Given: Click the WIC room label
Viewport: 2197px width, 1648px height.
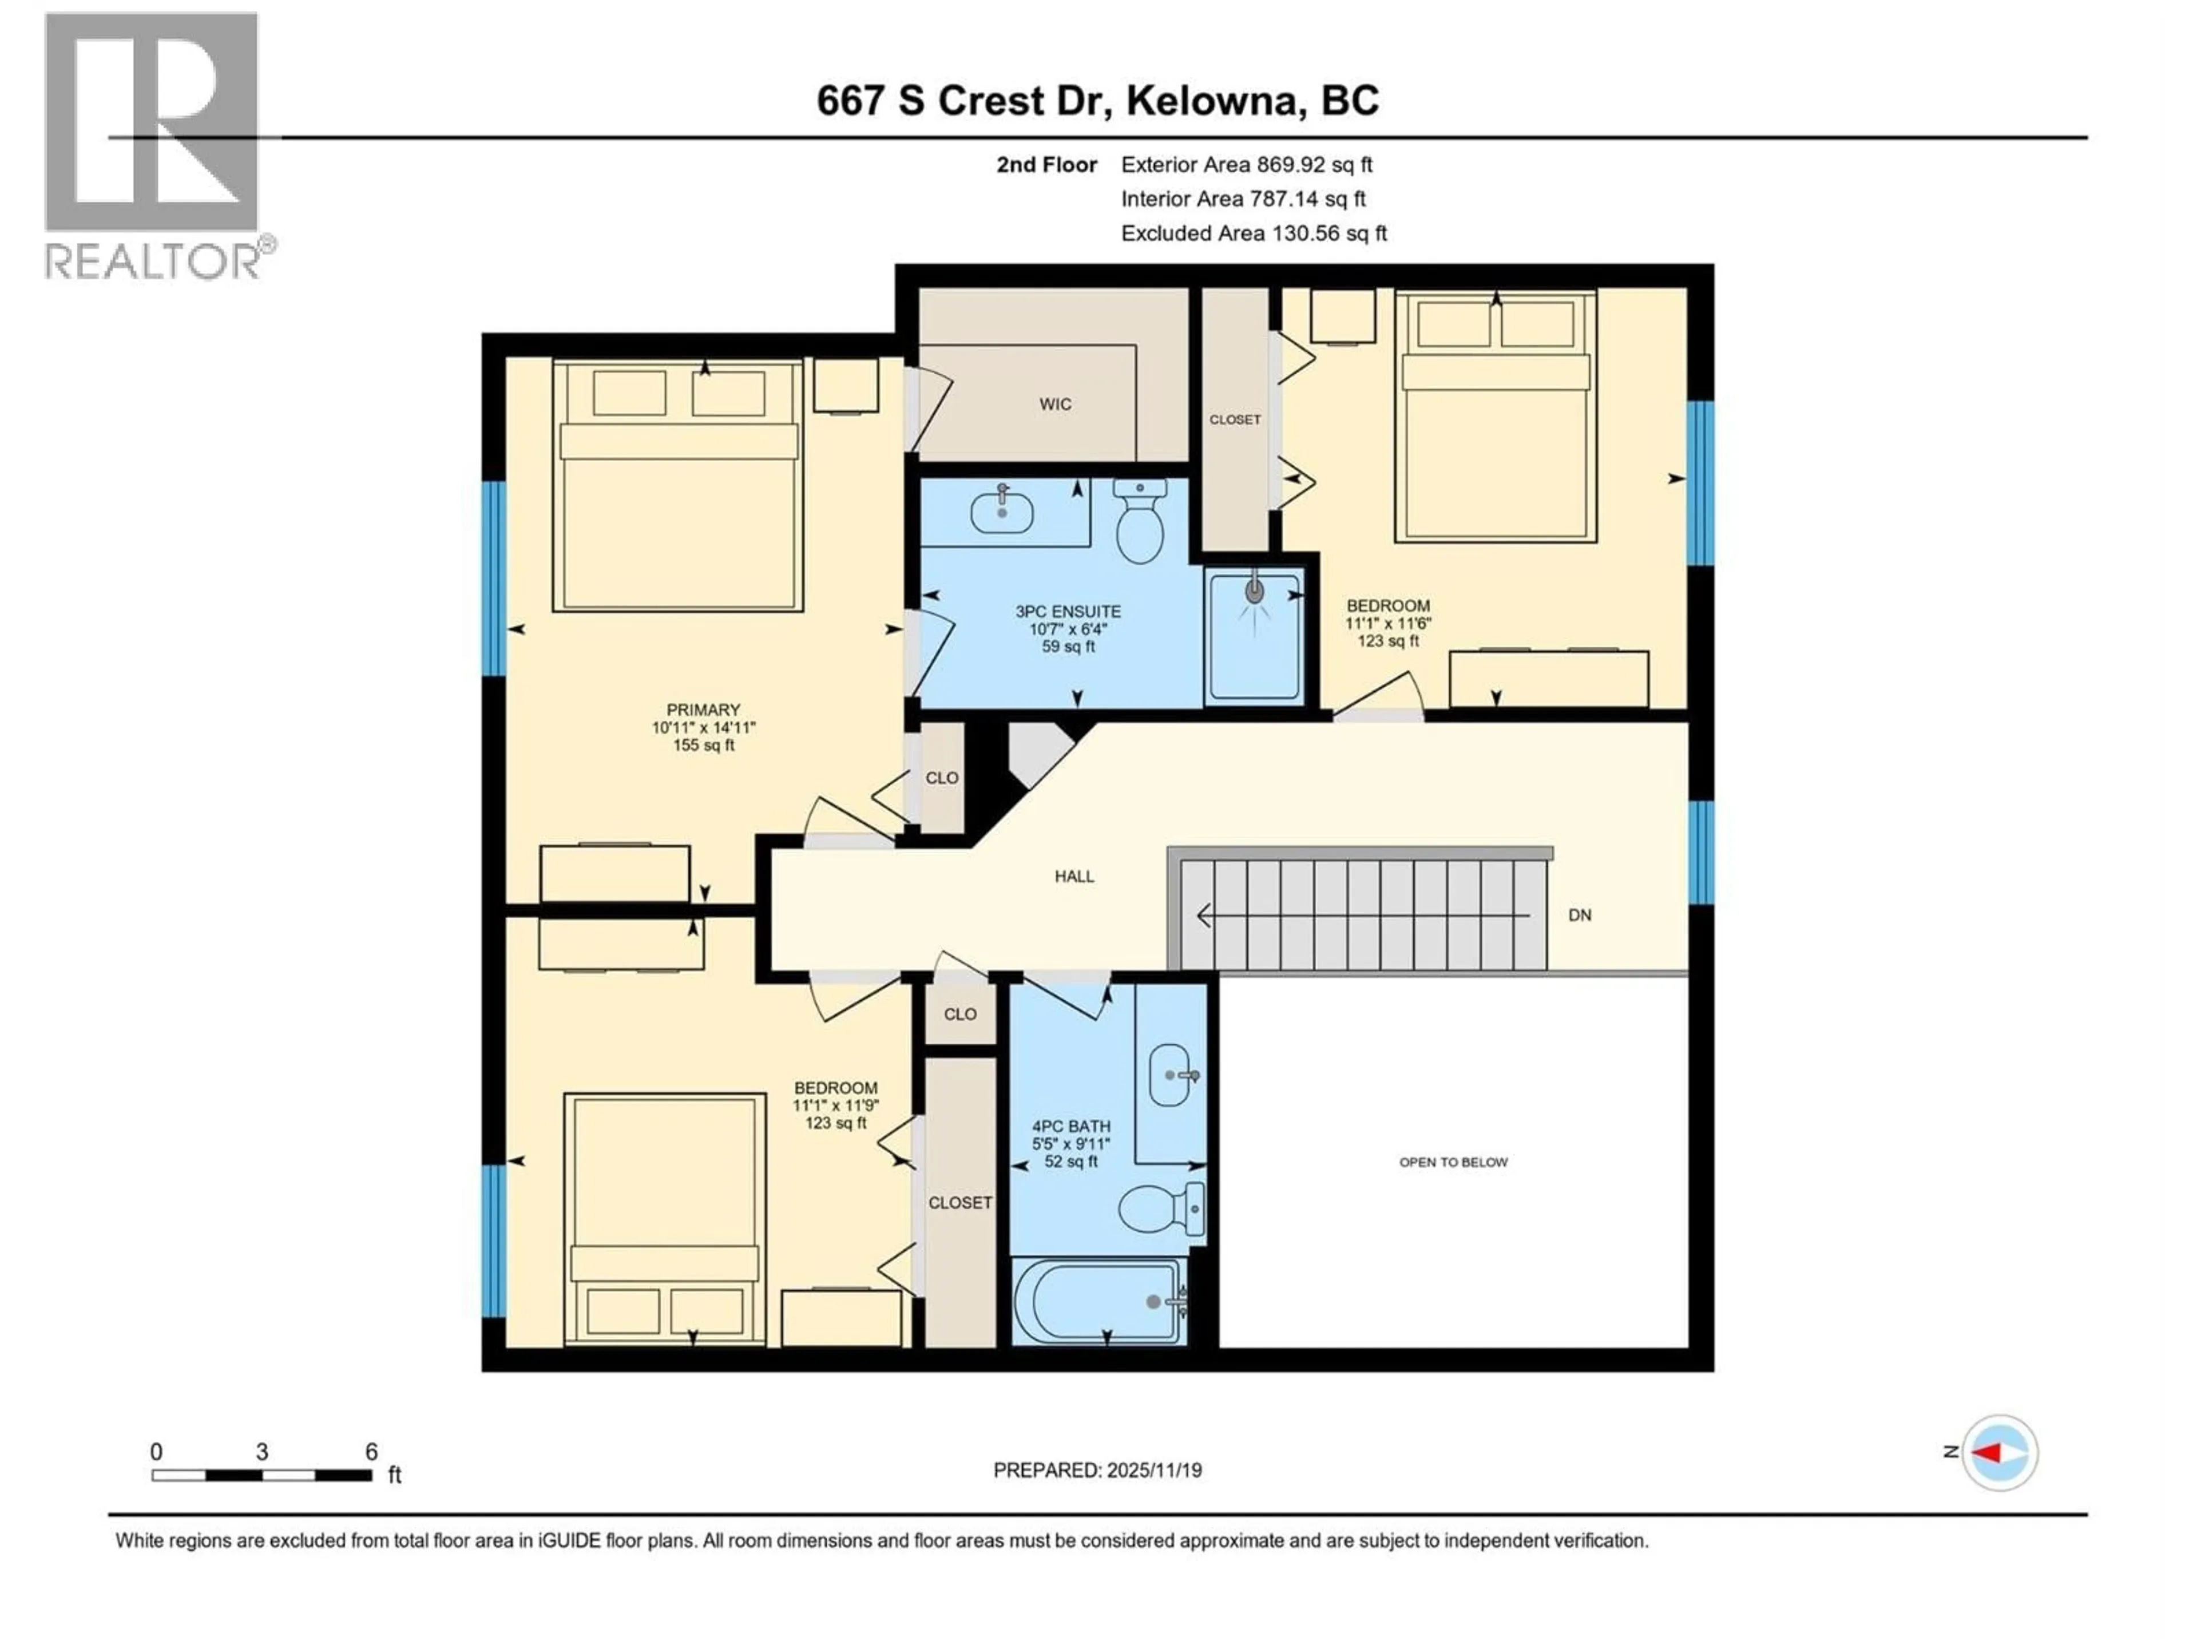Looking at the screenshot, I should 1055,405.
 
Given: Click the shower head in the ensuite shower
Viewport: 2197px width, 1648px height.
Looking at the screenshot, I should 1255,593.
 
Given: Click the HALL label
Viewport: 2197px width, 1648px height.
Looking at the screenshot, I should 1074,876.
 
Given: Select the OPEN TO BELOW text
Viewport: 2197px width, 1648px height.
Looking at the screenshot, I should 1453,1162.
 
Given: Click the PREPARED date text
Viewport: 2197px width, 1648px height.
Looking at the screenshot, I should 1097,1470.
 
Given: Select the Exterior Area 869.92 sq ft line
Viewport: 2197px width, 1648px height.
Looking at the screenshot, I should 1247,165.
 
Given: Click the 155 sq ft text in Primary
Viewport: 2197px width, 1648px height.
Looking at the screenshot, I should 703,745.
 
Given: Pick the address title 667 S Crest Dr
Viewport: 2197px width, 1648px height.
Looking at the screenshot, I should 1097,100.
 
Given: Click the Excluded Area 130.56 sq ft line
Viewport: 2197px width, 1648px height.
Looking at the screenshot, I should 1254,233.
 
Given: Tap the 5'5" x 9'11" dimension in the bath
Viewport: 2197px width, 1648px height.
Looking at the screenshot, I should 1070,1144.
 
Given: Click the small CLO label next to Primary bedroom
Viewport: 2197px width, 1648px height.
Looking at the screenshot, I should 942,778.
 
